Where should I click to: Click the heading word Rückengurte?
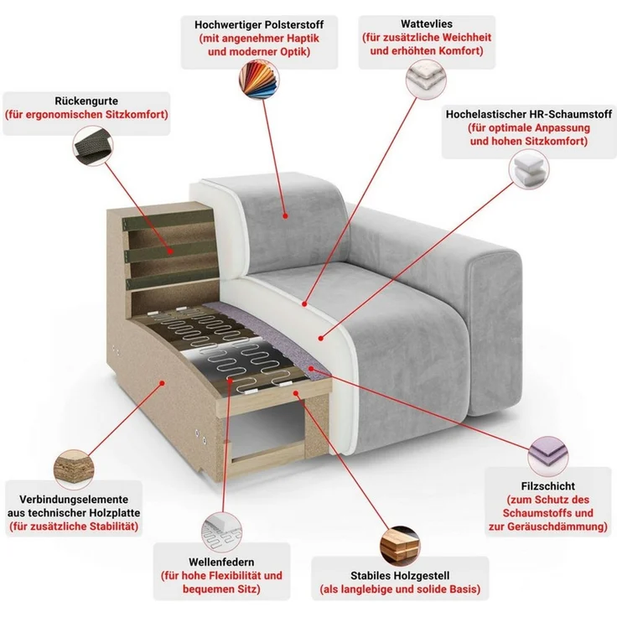click(86, 101)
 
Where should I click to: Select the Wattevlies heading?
click(427, 24)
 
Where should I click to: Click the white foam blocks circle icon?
click(528, 169)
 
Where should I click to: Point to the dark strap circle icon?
click(93, 146)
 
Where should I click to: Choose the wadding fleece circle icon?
click(426, 79)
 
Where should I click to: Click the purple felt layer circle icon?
click(547, 456)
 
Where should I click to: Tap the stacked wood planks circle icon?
click(400, 547)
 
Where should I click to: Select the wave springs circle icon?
click(221, 532)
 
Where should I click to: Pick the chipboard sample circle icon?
click(74, 469)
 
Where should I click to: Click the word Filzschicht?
click(547, 486)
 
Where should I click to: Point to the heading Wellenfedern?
click(221, 562)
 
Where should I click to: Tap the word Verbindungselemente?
click(74, 500)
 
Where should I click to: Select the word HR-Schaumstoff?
click(574, 115)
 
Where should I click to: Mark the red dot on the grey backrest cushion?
click(285, 215)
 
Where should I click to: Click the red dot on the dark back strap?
click(170, 251)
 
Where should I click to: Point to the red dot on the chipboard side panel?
click(162, 382)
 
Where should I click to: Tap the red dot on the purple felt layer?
click(311, 369)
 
